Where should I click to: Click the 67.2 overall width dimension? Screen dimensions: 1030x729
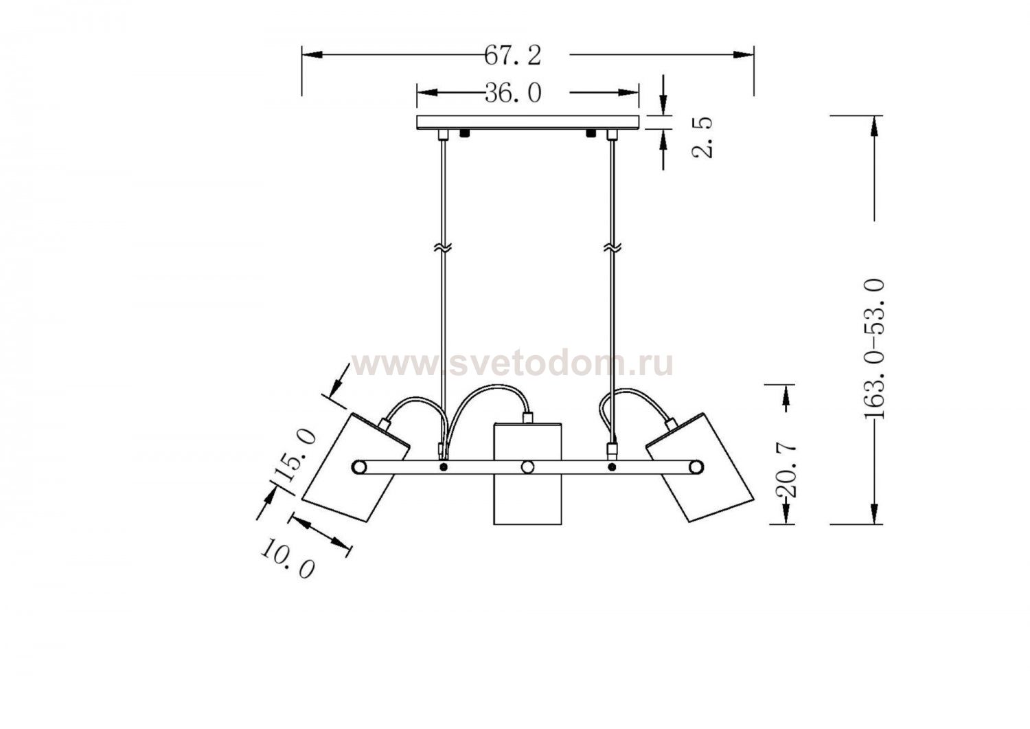pos(513,55)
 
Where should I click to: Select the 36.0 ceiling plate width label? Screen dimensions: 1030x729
pos(513,93)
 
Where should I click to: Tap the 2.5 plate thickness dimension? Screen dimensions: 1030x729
pos(702,137)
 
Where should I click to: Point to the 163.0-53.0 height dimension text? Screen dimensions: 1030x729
pos(873,349)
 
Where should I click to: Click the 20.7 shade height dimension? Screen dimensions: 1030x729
pos(786,470)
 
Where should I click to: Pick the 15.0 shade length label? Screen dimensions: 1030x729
pos(295,454)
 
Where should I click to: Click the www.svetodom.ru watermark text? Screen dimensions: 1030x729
pos(512,364)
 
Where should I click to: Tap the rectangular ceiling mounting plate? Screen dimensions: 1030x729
pos(527,122)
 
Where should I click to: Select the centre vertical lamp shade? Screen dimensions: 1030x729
pos(527,473)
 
